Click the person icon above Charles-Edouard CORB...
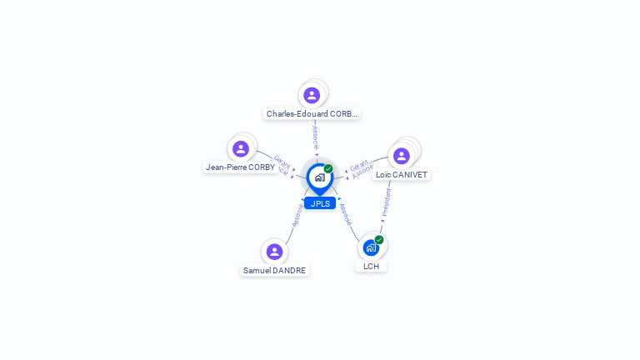(x=312, y=95)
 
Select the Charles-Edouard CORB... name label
(x=312, y=113)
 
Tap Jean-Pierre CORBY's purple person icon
(x=241, y=148)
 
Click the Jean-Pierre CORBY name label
(x=240, y=167)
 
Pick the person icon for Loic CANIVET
(x=402, y=156)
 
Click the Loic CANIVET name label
(x=402, y=175)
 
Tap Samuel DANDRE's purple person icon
(x=274, y=252)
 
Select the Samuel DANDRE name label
(x=274, y=270)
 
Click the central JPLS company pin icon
(x=319, y=177)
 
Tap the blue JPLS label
(x=320, y=203)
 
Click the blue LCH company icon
(x=371, y=247)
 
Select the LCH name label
(x=371, y=266)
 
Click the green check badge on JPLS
(x=328, y=168)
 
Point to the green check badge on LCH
(x=379, y=240)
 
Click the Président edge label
(x=387, y=202)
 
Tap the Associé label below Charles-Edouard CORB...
(x=315, y=137)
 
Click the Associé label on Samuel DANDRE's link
(x=297, y=215)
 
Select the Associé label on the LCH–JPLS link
(x=346, y=213)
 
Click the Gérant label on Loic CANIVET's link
(x=359, y=165)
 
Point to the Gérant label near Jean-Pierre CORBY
(x=282, y=160)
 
